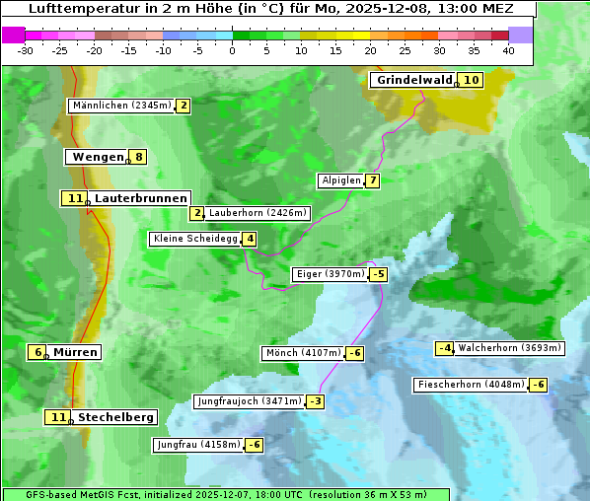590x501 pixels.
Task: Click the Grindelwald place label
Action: click(413, 80)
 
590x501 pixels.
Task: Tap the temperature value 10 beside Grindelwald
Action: click(472, 80)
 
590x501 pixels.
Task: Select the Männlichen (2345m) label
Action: click(122, 106)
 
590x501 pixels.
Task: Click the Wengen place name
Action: click(98, 157)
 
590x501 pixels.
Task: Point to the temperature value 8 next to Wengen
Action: click(139, 157)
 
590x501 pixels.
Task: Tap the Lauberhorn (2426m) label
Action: click(258, 213)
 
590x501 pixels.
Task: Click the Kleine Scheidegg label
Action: click(194, 239)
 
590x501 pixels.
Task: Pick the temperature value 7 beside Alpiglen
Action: click(372, 180)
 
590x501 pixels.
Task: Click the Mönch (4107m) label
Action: click(303, 353)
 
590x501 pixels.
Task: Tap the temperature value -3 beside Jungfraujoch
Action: click(315, 401)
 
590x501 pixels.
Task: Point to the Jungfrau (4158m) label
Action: click(198, 445)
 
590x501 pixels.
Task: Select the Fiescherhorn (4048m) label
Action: click(471, 385)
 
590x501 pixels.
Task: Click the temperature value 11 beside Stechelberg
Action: click(58, 417)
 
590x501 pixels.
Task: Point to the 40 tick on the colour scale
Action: click(508, 49)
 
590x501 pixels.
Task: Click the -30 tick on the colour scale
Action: click(26, 49)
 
